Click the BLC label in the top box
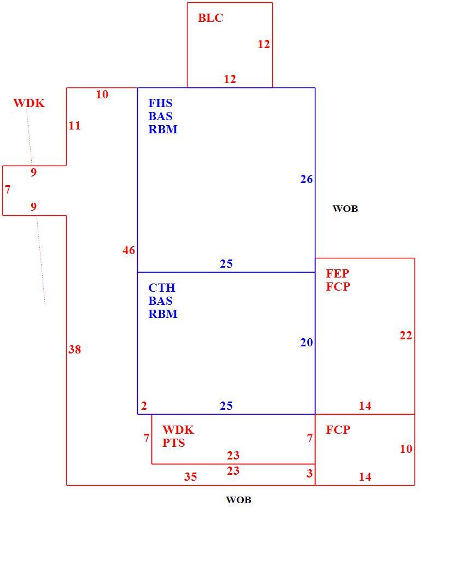[x=211, y=18]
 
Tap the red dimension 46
[x=128, y=250]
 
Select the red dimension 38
[x=74, y=350]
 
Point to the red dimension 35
[x=190, y=476]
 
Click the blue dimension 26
[x=306, y=179]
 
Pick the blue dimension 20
[x=306, y=343]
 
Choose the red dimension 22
[x=406, y=335]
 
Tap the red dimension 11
[x=74, y=126]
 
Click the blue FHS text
[x=160, y=103]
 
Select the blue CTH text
[x=162, y=287]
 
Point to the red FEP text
[x=337, y=273]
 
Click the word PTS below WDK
[x=173, y=443]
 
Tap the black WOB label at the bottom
[x=238, y=500]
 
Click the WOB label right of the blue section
[x=345, y=209]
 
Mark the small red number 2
[x=144, y=406]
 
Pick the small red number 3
[x=309, y=473]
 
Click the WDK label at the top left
[x=29, y=103]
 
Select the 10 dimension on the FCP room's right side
[x=406, y=449]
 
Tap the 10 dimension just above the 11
[x=102, y=95]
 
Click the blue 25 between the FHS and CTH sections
[x=226, y=264]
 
